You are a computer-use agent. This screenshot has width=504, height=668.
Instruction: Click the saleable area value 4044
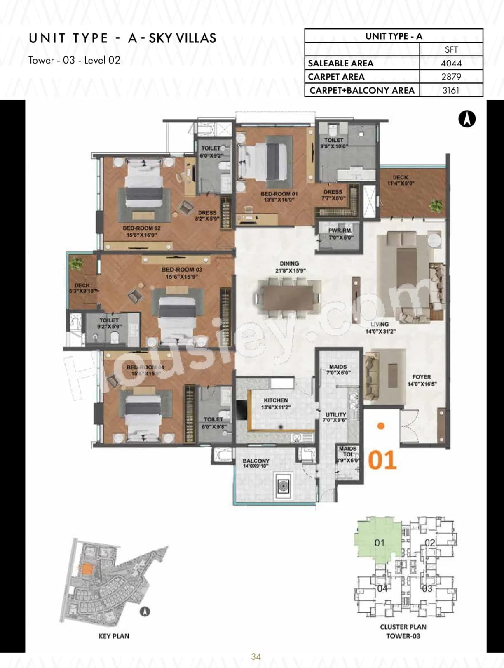(451, 63)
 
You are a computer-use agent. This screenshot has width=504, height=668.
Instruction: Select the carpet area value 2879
(451, 77)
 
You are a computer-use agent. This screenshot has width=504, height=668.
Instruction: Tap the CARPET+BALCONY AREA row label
(362, 90)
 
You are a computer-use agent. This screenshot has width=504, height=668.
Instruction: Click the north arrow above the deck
(467, 119)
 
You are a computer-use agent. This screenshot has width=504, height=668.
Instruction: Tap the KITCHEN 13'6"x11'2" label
(276, 403)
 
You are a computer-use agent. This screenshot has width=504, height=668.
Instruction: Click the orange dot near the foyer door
(381, 426)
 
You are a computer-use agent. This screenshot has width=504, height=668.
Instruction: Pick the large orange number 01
(382, 460)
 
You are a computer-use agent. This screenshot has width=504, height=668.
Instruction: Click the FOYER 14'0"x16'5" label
(422, 380)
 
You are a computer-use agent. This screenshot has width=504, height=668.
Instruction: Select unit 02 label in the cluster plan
(430, 543)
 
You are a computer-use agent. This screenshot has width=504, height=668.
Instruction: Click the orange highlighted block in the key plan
(86, 569)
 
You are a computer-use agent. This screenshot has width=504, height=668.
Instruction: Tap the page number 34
(256, 656)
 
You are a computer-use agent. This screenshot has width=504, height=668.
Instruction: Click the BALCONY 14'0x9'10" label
(256, 463)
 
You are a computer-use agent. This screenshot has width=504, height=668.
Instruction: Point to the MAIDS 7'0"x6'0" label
(338, 369)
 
